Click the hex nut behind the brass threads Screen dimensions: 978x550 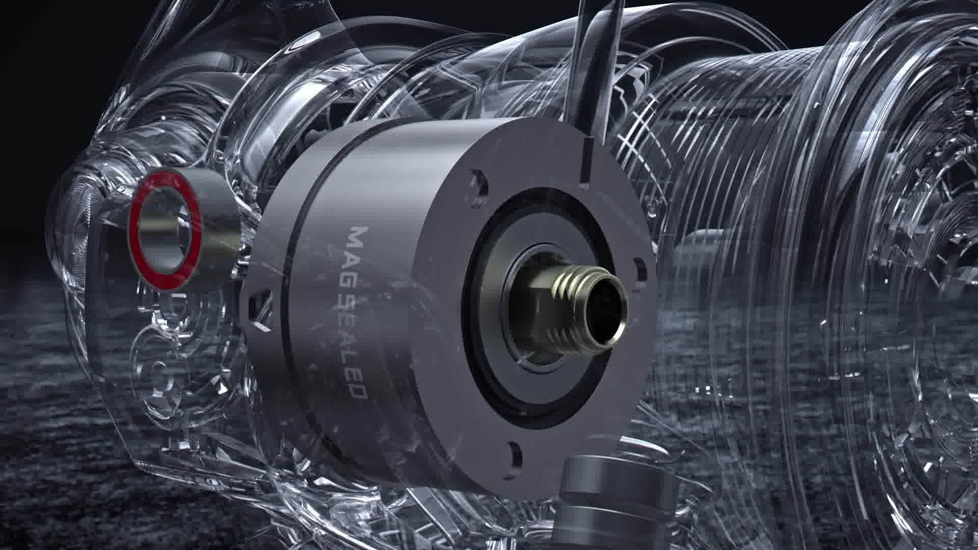pos(530,311)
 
